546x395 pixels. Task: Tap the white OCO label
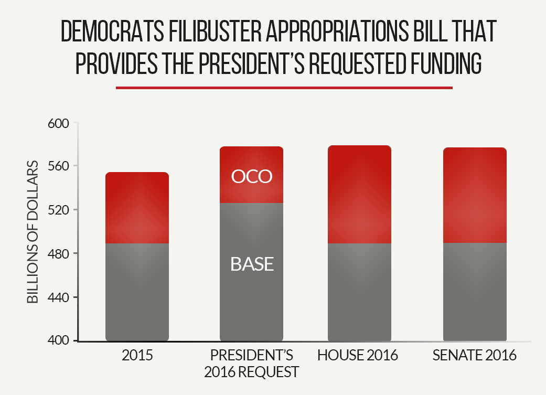click(x=252, y=177)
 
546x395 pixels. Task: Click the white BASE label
click(x=252, y=264)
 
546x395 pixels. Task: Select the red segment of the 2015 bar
click(x=137, y=207)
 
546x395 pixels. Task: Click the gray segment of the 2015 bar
click(x=137, y=292)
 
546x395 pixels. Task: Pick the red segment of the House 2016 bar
click(x=359, y=194)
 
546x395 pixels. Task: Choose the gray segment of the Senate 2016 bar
click(x=475, y=292)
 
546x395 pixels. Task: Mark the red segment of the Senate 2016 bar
click(x=475, y=195)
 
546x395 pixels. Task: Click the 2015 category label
click(x=137, y=356)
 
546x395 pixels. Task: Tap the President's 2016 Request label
click(x=251, y=364)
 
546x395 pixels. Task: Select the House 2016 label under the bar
click(x=358, y=356)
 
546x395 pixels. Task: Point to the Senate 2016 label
click(x=475, y=356)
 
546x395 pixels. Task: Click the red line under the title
click(x=284, y=88)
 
